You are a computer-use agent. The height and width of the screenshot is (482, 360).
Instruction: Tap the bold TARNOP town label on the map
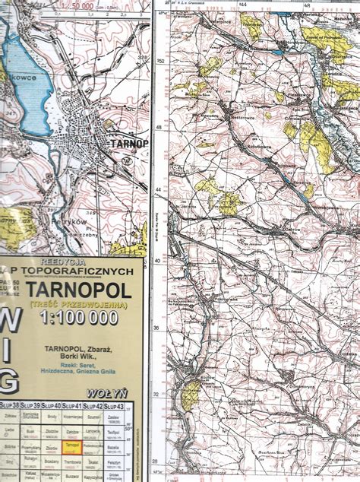pyautogui.click(x=129, y=142)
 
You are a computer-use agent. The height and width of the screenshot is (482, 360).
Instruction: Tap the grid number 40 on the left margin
pyautogui.click(x=159, y=260)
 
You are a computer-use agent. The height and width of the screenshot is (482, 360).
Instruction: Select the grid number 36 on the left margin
pyautogui.click(x=159, y=328)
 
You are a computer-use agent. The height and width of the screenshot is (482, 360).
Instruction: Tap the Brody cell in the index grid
pyautogui.click(x=51, y=417)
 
